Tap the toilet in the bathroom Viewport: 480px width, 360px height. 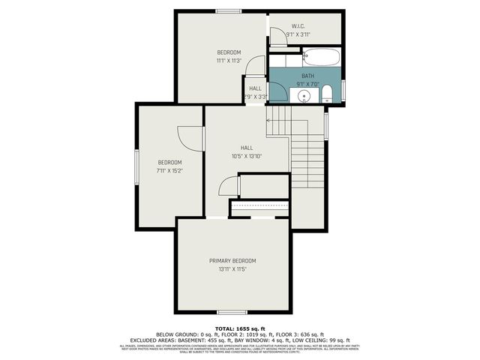[x=327, y=94]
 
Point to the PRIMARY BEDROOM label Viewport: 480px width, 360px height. [x=232, y=260]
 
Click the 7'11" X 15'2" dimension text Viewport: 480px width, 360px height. [x=169, y=171]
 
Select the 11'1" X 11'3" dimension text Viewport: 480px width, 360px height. [x=229, y=61]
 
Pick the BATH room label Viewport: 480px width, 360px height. [x=307, y=76]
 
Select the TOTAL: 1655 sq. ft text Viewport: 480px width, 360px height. [x=239, y=328]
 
